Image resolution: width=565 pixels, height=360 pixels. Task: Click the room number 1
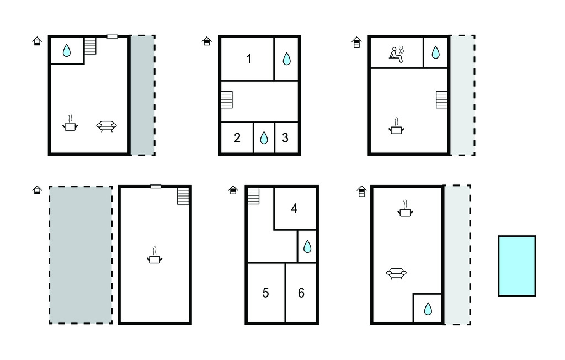click(x=249, y=59)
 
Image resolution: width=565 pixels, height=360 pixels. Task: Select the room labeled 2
click(x=237, y=138)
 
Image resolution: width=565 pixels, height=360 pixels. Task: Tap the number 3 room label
click(x=285, y=138)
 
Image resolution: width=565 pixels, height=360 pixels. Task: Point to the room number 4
click(x=294, y=209)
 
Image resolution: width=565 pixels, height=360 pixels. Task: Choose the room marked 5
click(x=265, y=293)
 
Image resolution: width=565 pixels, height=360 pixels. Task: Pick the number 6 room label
click(x=301, y=293)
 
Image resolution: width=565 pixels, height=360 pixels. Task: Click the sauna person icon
click(x=396, y=55)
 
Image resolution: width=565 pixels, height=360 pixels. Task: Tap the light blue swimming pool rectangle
click(x=516, y=266)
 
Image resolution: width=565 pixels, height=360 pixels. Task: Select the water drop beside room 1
click(x=286, y=59)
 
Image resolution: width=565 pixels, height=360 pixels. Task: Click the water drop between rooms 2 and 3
click(x=264, y=137)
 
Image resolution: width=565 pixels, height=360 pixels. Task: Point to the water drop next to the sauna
click(x=436, y=52)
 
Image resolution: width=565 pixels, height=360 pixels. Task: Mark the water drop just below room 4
click(x=307, y=247)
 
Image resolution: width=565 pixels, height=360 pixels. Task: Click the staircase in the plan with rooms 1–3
click(x=227, y=100)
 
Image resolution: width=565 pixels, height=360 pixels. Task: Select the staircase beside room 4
click(x=253, y=196)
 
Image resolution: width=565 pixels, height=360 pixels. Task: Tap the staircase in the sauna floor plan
click(x=442, y=100)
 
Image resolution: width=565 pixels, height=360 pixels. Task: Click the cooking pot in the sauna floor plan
click(x=396, y=126)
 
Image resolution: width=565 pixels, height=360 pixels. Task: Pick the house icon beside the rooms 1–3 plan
click(x=206, y=41)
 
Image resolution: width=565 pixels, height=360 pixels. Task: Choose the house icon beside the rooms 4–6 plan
click(x=233, y=190)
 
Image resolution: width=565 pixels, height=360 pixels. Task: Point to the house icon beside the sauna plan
click(x=356, y=42)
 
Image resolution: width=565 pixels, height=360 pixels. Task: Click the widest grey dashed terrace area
click(x=81, y=255)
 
